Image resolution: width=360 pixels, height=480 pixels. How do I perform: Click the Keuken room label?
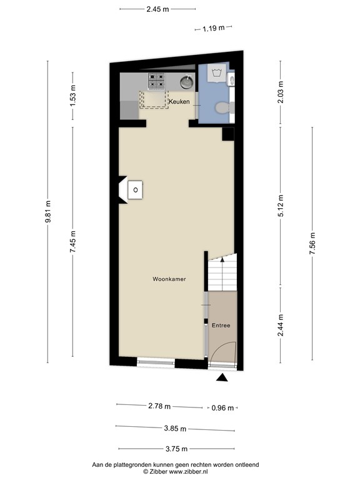click(179, 102)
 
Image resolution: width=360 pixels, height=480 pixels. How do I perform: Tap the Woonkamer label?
click(169, 279)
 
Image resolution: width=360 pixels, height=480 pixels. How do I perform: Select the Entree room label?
click(221, 326)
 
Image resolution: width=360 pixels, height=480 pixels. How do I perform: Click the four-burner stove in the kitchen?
click(156, 81)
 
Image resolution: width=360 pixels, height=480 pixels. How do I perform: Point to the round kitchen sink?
click(186, 82)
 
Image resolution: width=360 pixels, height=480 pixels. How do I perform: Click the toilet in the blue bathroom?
click(223, 107)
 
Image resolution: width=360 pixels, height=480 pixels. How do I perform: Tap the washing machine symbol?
click(217, 73)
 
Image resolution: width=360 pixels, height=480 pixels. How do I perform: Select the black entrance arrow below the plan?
click(222, 377)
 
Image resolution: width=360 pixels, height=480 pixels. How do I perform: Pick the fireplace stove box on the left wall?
click(135, 190)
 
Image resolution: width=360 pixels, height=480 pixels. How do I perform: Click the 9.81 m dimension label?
click(47, 212)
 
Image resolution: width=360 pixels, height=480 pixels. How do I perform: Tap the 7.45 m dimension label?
click(73, 242)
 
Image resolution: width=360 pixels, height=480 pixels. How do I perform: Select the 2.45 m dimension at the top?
click(157, 9)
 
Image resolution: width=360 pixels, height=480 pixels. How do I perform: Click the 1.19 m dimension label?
click(214, 29)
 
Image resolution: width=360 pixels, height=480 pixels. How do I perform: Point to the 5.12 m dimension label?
click(281, 206)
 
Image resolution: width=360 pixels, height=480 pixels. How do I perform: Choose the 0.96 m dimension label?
click(222, 408)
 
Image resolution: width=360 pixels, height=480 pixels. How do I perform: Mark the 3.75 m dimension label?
click(177, 449)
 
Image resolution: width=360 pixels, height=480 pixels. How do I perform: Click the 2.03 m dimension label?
click(281, 92)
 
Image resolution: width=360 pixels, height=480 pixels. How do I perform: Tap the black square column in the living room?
click(228, 134)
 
